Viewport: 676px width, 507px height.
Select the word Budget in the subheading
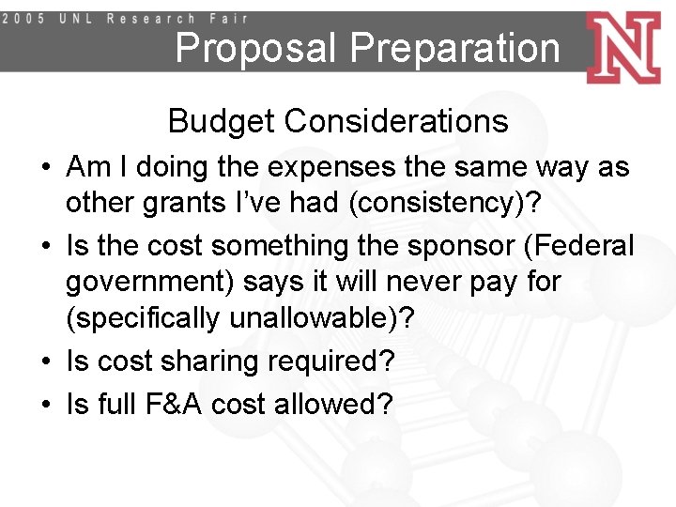[x=223, y=121]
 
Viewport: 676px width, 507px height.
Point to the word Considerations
[x=396, y=121]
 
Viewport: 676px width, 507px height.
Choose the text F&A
[x=168, y=404]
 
